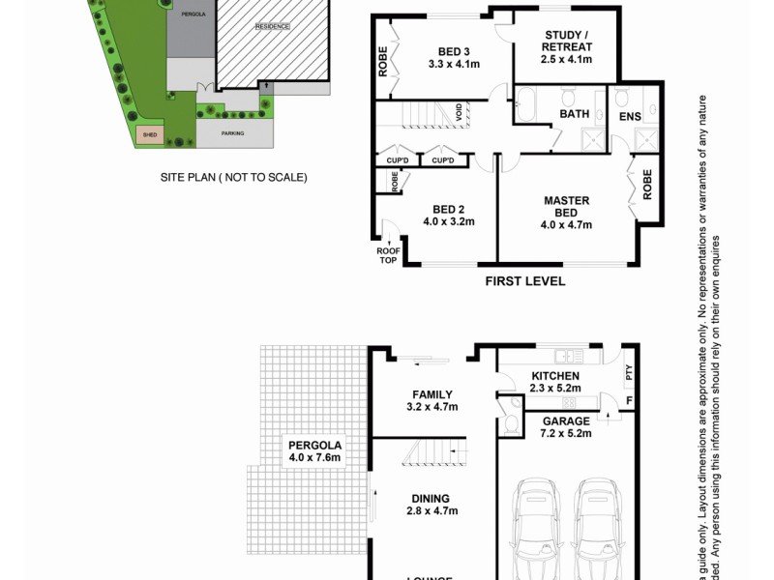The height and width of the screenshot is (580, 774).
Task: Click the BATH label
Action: click(575, 114)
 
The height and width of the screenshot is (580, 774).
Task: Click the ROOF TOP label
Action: click(388, 254)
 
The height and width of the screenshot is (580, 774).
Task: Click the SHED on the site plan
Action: click(149, 135)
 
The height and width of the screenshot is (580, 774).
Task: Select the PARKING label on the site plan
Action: click(232, 133)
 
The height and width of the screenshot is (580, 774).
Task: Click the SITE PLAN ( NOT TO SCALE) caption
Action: click(233, 178)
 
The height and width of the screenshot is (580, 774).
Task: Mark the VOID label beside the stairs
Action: click(459, 113)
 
